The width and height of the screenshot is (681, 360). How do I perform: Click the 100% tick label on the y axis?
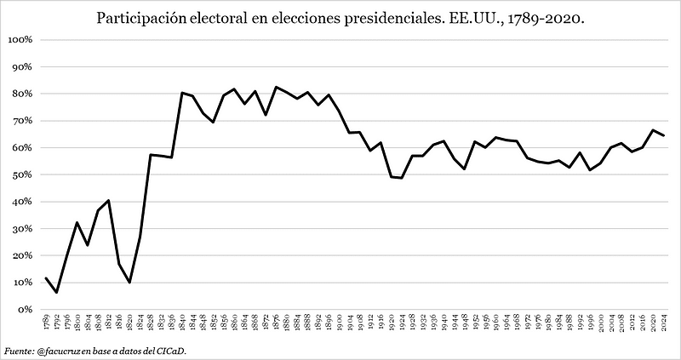[x=19, y=39]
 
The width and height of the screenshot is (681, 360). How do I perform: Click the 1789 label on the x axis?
[x=46, y=324]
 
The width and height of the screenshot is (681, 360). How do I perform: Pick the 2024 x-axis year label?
[x=664, y=324]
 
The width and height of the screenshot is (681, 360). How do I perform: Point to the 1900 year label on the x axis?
[x=340, y=324]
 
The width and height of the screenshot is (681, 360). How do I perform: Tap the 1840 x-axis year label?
[x=182, y=324]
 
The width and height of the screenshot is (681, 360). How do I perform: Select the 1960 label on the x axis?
[x=496, y=324]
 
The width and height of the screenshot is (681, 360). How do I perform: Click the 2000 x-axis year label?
[x=601, y=324]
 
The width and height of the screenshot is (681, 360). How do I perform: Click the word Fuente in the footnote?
[x=19, y=350]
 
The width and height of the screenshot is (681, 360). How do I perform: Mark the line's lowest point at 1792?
[x=56, y=293]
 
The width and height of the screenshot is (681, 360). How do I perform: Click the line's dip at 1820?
[x=129, y=283]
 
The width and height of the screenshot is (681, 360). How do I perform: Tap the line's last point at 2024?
[x=664, y=135]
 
